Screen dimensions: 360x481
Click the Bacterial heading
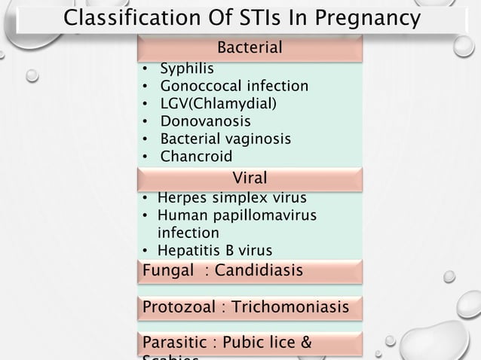click(x=250, y=48)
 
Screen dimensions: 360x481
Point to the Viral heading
click(x=250, y=178)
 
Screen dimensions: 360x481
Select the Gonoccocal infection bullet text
click(x=234, y=87)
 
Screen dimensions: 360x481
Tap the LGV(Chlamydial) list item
click(x=217, y=103)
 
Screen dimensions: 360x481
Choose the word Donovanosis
click(x=205, y=121)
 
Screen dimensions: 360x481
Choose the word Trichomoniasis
click(x=290, y=307)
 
